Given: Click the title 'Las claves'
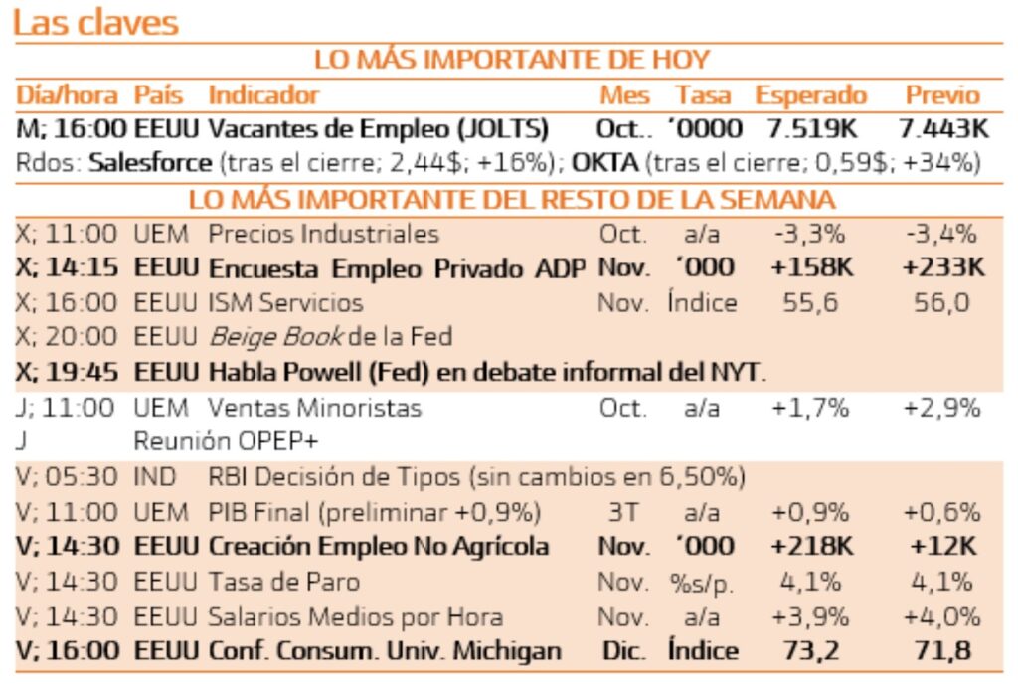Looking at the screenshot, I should coord(96,23).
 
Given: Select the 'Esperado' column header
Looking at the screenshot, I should coord(810,96).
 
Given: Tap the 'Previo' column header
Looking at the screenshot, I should coord(941,96).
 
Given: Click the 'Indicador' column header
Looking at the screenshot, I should coord(263,96).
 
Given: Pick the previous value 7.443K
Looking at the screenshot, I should coord(942,129).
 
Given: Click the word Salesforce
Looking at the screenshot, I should coord(150,163).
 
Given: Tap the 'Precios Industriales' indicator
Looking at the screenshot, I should coord(323,235).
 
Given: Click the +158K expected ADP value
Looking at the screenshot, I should coord(810,268).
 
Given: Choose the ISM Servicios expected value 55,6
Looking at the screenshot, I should coord(810,302).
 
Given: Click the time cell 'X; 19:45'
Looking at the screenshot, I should coord(68,372).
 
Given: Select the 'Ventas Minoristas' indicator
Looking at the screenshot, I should coord(314,408).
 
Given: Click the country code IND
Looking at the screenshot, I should coord(155,478).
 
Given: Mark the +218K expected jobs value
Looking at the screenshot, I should coord(810,547).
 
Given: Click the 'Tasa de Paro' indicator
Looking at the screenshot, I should coord(283,582).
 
